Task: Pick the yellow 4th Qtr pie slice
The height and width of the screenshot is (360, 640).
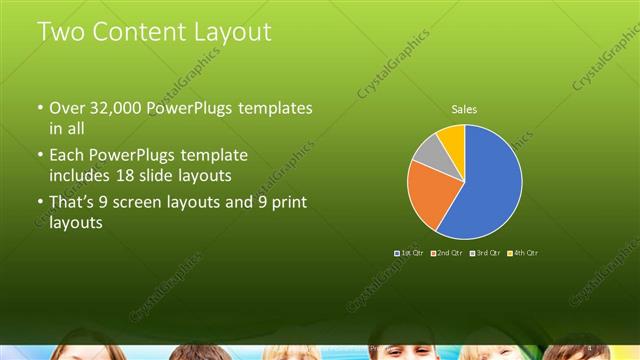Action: point(452,138)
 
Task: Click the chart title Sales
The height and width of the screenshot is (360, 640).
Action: point(464,108)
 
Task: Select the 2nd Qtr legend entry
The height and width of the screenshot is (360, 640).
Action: point(447,253)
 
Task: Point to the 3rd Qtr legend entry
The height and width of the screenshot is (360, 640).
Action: point(485,253)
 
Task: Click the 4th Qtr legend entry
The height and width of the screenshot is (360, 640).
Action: point(523,253)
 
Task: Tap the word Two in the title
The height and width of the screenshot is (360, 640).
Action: point(62,32)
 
